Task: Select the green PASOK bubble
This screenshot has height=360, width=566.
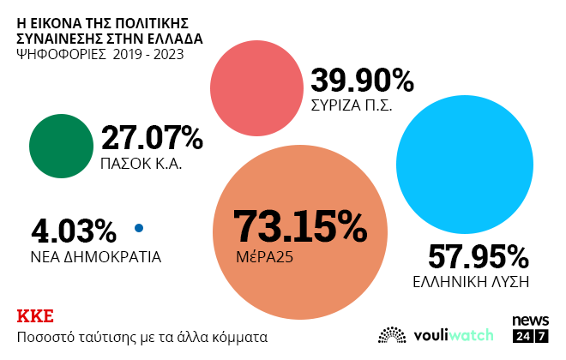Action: pos(61,146)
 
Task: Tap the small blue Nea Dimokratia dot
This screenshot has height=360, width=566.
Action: pos(139,228)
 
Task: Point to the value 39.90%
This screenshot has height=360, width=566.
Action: pos(362,81)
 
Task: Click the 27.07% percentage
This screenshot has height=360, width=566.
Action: pos(152,139)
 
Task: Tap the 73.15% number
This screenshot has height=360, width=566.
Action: pos(299,226)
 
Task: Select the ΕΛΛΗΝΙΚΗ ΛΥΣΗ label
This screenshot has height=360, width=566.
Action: pos(470,281)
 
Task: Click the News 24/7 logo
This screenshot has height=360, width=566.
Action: pos(530,329)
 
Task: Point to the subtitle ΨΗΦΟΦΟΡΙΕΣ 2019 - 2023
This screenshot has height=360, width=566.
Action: pos(99,56)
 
